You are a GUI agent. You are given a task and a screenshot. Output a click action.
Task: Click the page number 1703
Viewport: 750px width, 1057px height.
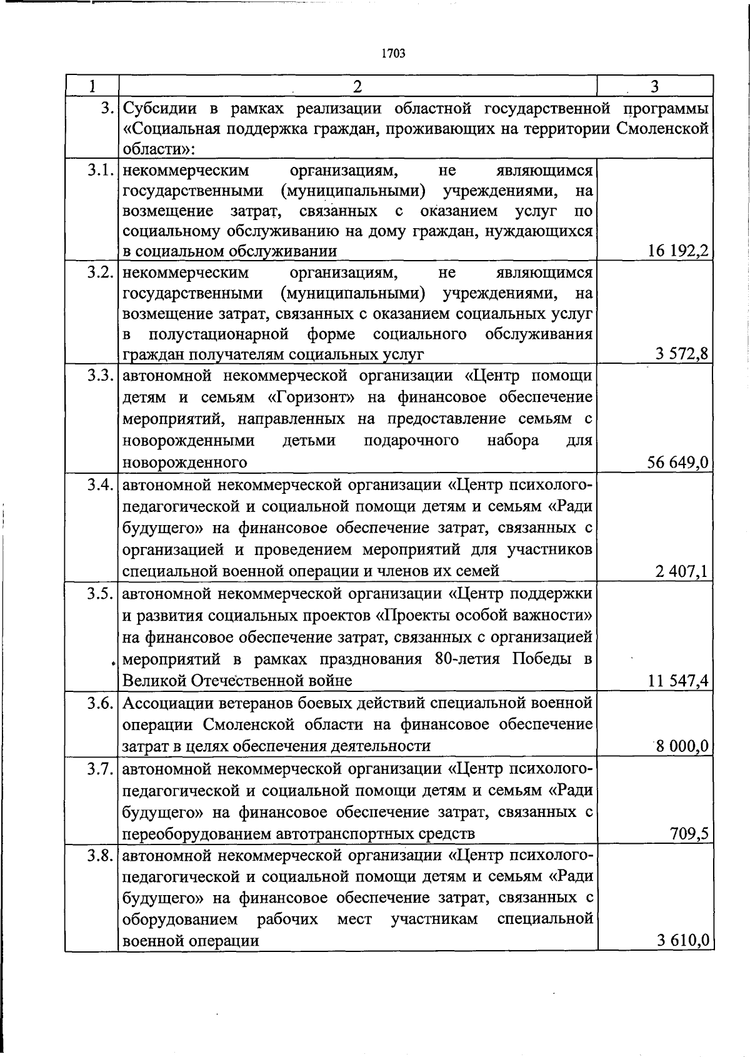click(x=393, y=54)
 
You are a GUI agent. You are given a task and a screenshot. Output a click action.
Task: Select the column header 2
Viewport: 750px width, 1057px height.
click(x=357, y=86)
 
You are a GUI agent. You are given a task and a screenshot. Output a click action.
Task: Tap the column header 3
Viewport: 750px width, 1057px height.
click(x=654, y=86)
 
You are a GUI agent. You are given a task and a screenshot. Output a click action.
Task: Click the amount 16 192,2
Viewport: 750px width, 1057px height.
click(x=678, y=251)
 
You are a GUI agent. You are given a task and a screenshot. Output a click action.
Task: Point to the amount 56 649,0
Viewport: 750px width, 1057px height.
click(x=678, y=463)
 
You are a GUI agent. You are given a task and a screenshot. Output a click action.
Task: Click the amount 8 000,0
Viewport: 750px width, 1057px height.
click(x=682, y=746)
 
